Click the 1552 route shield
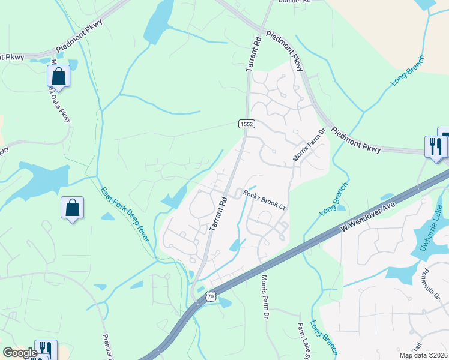click(247, 124)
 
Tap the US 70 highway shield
click(209, 296)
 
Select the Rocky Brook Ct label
click(264, 200)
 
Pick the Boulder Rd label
click(295, 2)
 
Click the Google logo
click(20, 353)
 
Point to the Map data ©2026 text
click(423, 355)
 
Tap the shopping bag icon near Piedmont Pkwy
click(59, 76)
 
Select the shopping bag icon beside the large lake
click(72, 208)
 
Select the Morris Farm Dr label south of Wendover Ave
click(265, 298)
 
